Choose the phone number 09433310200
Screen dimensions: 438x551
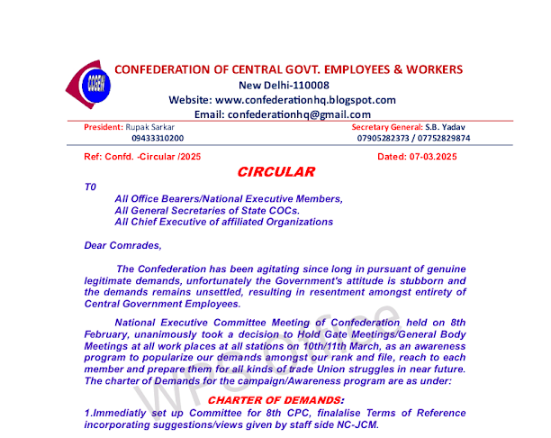click(x=158, y=138)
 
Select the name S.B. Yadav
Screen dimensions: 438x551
click(x=449, y=127)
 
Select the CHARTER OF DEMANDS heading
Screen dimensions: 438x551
click(x=275, y=399)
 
